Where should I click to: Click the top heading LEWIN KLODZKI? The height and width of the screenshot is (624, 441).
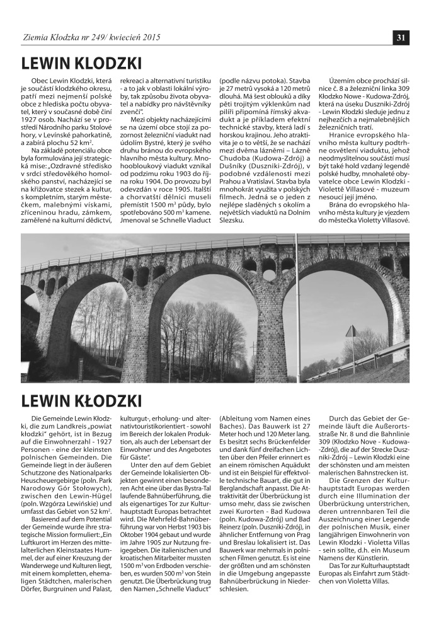[x=81, y=64]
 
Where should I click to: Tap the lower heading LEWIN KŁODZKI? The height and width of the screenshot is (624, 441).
[x=81, y=400]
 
